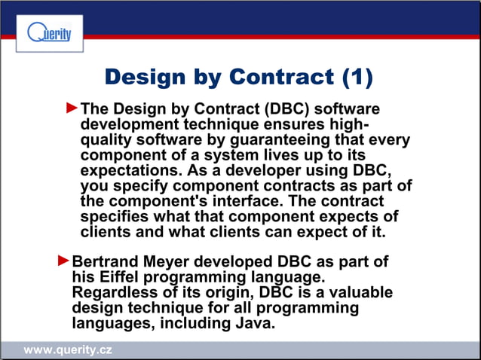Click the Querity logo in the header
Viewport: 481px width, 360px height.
[x=49, y=34]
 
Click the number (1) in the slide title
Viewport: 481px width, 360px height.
[x=357, y=77]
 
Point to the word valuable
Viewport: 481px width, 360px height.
[x=360, y=293]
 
